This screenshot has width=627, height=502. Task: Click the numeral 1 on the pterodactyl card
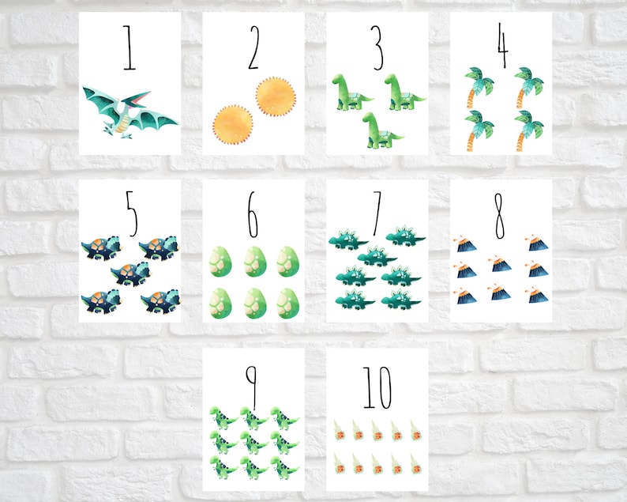click(130, 47)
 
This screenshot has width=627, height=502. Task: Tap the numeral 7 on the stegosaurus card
click(377, 212)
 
